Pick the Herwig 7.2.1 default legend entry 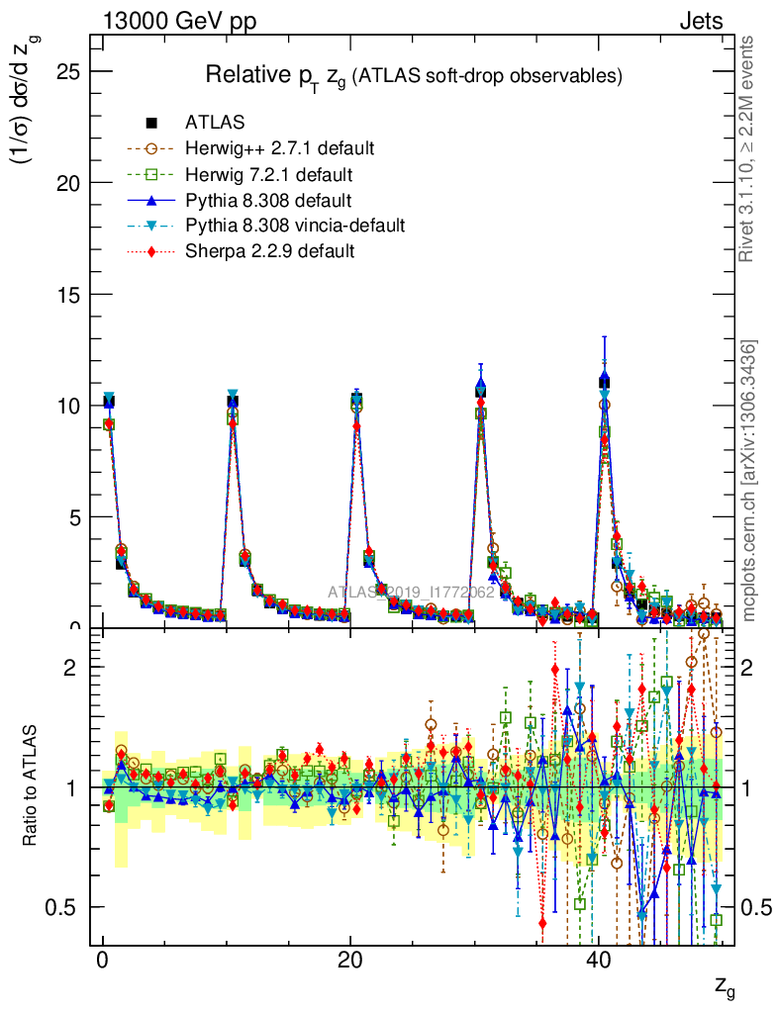(x=270, y=175)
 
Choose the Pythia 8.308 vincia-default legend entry (x=295, y=226)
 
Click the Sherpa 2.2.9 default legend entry (x=269, y=251)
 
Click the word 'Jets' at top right (x=700, y=21)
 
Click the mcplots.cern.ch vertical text (x=750, y=481)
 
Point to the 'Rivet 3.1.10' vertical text (x=749, y=148)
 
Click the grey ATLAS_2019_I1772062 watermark (x=411, y=593)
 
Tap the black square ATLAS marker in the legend (x=151, y=124)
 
